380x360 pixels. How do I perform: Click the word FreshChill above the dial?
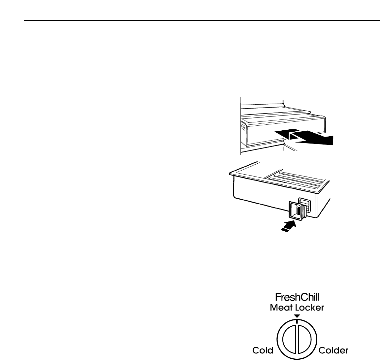297,298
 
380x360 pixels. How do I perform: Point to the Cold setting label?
263,350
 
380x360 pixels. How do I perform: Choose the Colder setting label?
333,350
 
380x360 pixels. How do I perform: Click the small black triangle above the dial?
297,316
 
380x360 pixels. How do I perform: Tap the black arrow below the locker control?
289,227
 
